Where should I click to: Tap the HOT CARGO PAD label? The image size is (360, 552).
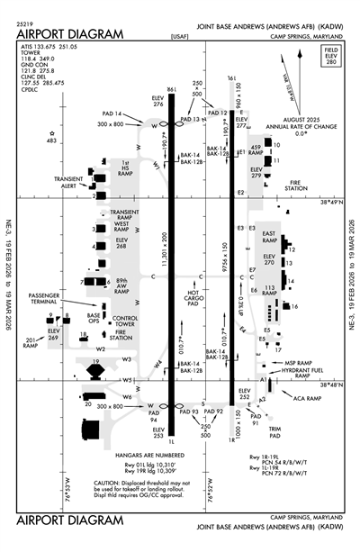point(193,300)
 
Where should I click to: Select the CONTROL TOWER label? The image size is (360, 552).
point(124,322)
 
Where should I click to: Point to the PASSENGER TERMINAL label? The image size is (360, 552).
point(44,299)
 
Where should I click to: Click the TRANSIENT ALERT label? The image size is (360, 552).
point(71,181)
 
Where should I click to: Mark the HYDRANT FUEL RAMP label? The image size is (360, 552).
point(300,372)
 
